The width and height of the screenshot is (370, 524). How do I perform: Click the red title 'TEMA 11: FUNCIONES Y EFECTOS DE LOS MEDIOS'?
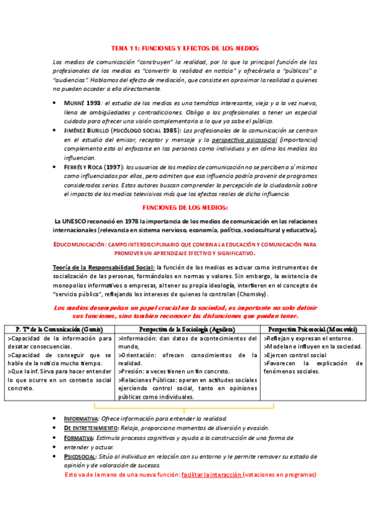click(185, 48)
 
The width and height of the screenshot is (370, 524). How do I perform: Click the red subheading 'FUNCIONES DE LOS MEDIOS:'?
click(185, 208)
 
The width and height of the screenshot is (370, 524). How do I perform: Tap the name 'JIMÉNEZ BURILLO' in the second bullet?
click(95, 131)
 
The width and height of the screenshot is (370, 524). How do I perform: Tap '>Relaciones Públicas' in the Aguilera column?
click(148, 381)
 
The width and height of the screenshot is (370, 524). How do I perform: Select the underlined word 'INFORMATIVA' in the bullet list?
click(81, 419)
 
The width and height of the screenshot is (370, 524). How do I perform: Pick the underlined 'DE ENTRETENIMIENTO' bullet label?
click(90, 428)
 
